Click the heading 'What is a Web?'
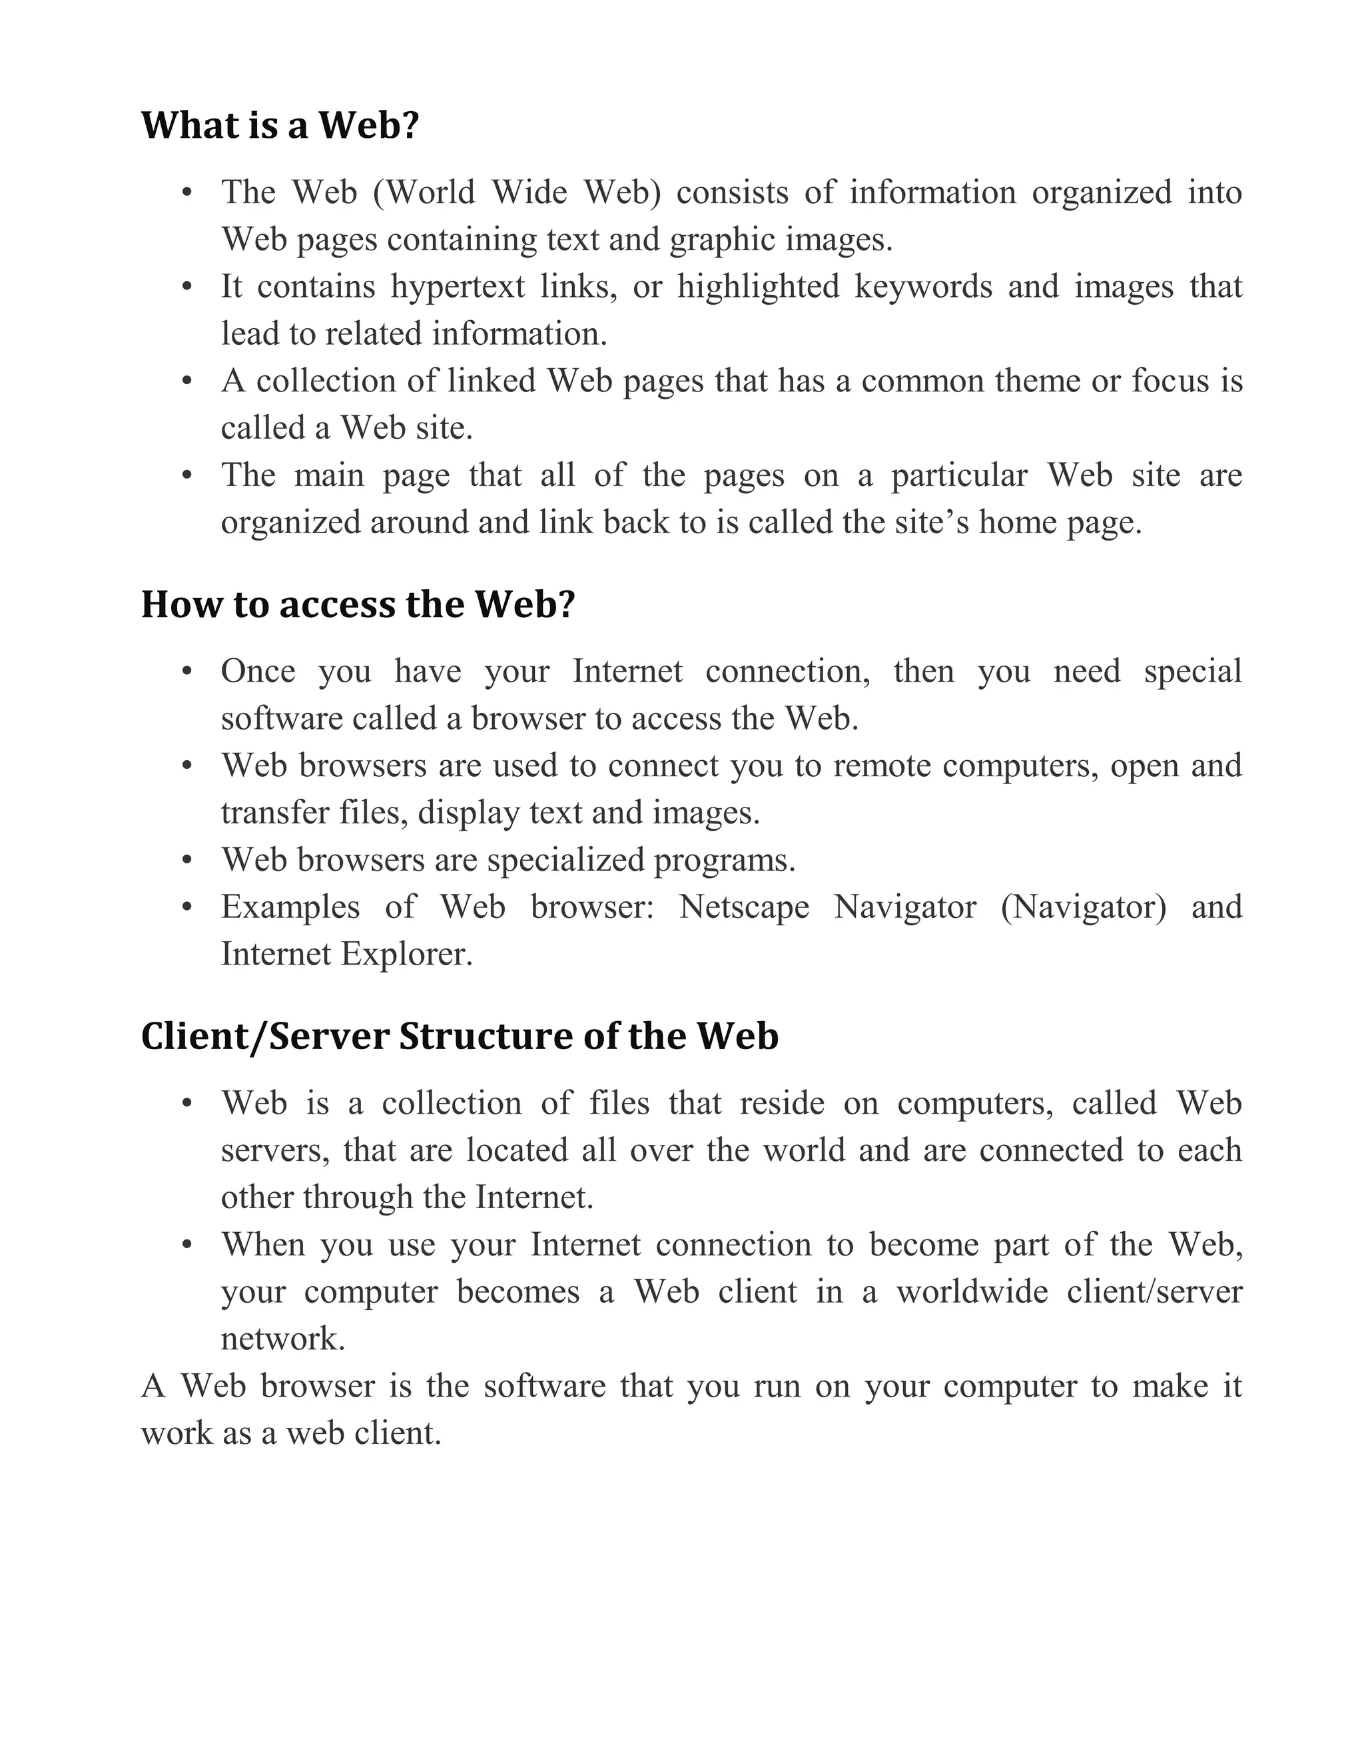tap(280, 125)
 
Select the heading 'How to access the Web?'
tap(357, 604)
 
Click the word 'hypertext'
tap(458, 287)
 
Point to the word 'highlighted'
tap(758, 287)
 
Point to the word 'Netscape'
tap(743, 907)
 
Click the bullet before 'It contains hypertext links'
tap(186, 288)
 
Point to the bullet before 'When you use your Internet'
tap(186, 1245)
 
